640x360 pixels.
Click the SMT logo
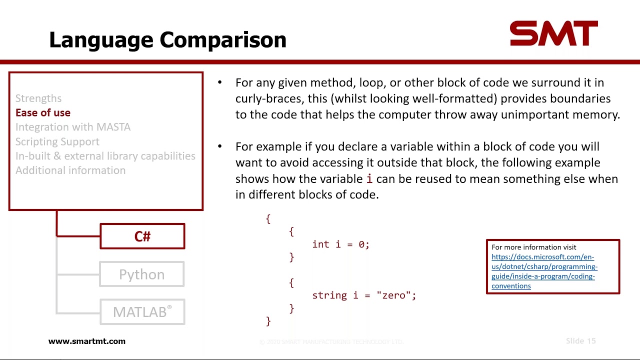point(553,34)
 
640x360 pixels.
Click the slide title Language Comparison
point(167,40)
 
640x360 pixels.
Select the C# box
point(142,236)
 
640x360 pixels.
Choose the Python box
point(142,274)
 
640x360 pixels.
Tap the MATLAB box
point(142,312)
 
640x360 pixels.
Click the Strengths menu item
point(38,98)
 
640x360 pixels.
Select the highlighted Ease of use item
point(43,113)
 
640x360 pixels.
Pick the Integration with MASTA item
point(73,127)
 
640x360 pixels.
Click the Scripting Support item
point(57,141)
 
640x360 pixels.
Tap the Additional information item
point(70,170)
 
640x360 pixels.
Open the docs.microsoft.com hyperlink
point(544,271)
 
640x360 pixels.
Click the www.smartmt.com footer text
point(87,341)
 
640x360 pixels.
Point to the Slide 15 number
point(580,341)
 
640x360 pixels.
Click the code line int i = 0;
point(340,244)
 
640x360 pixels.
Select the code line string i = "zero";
point(364,295)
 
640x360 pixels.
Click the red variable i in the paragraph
point(369,179)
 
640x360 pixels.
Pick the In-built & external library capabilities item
point(105,156)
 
